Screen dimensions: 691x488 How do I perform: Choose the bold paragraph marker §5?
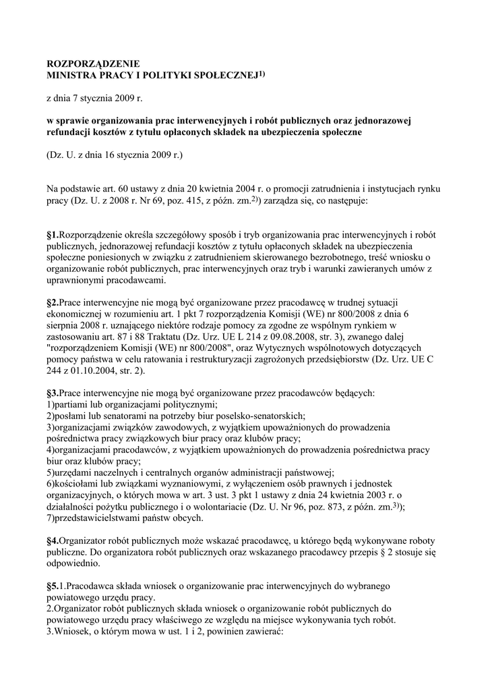[x=53, y=586]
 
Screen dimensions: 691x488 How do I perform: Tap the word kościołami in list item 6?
[x=76, y=484]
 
